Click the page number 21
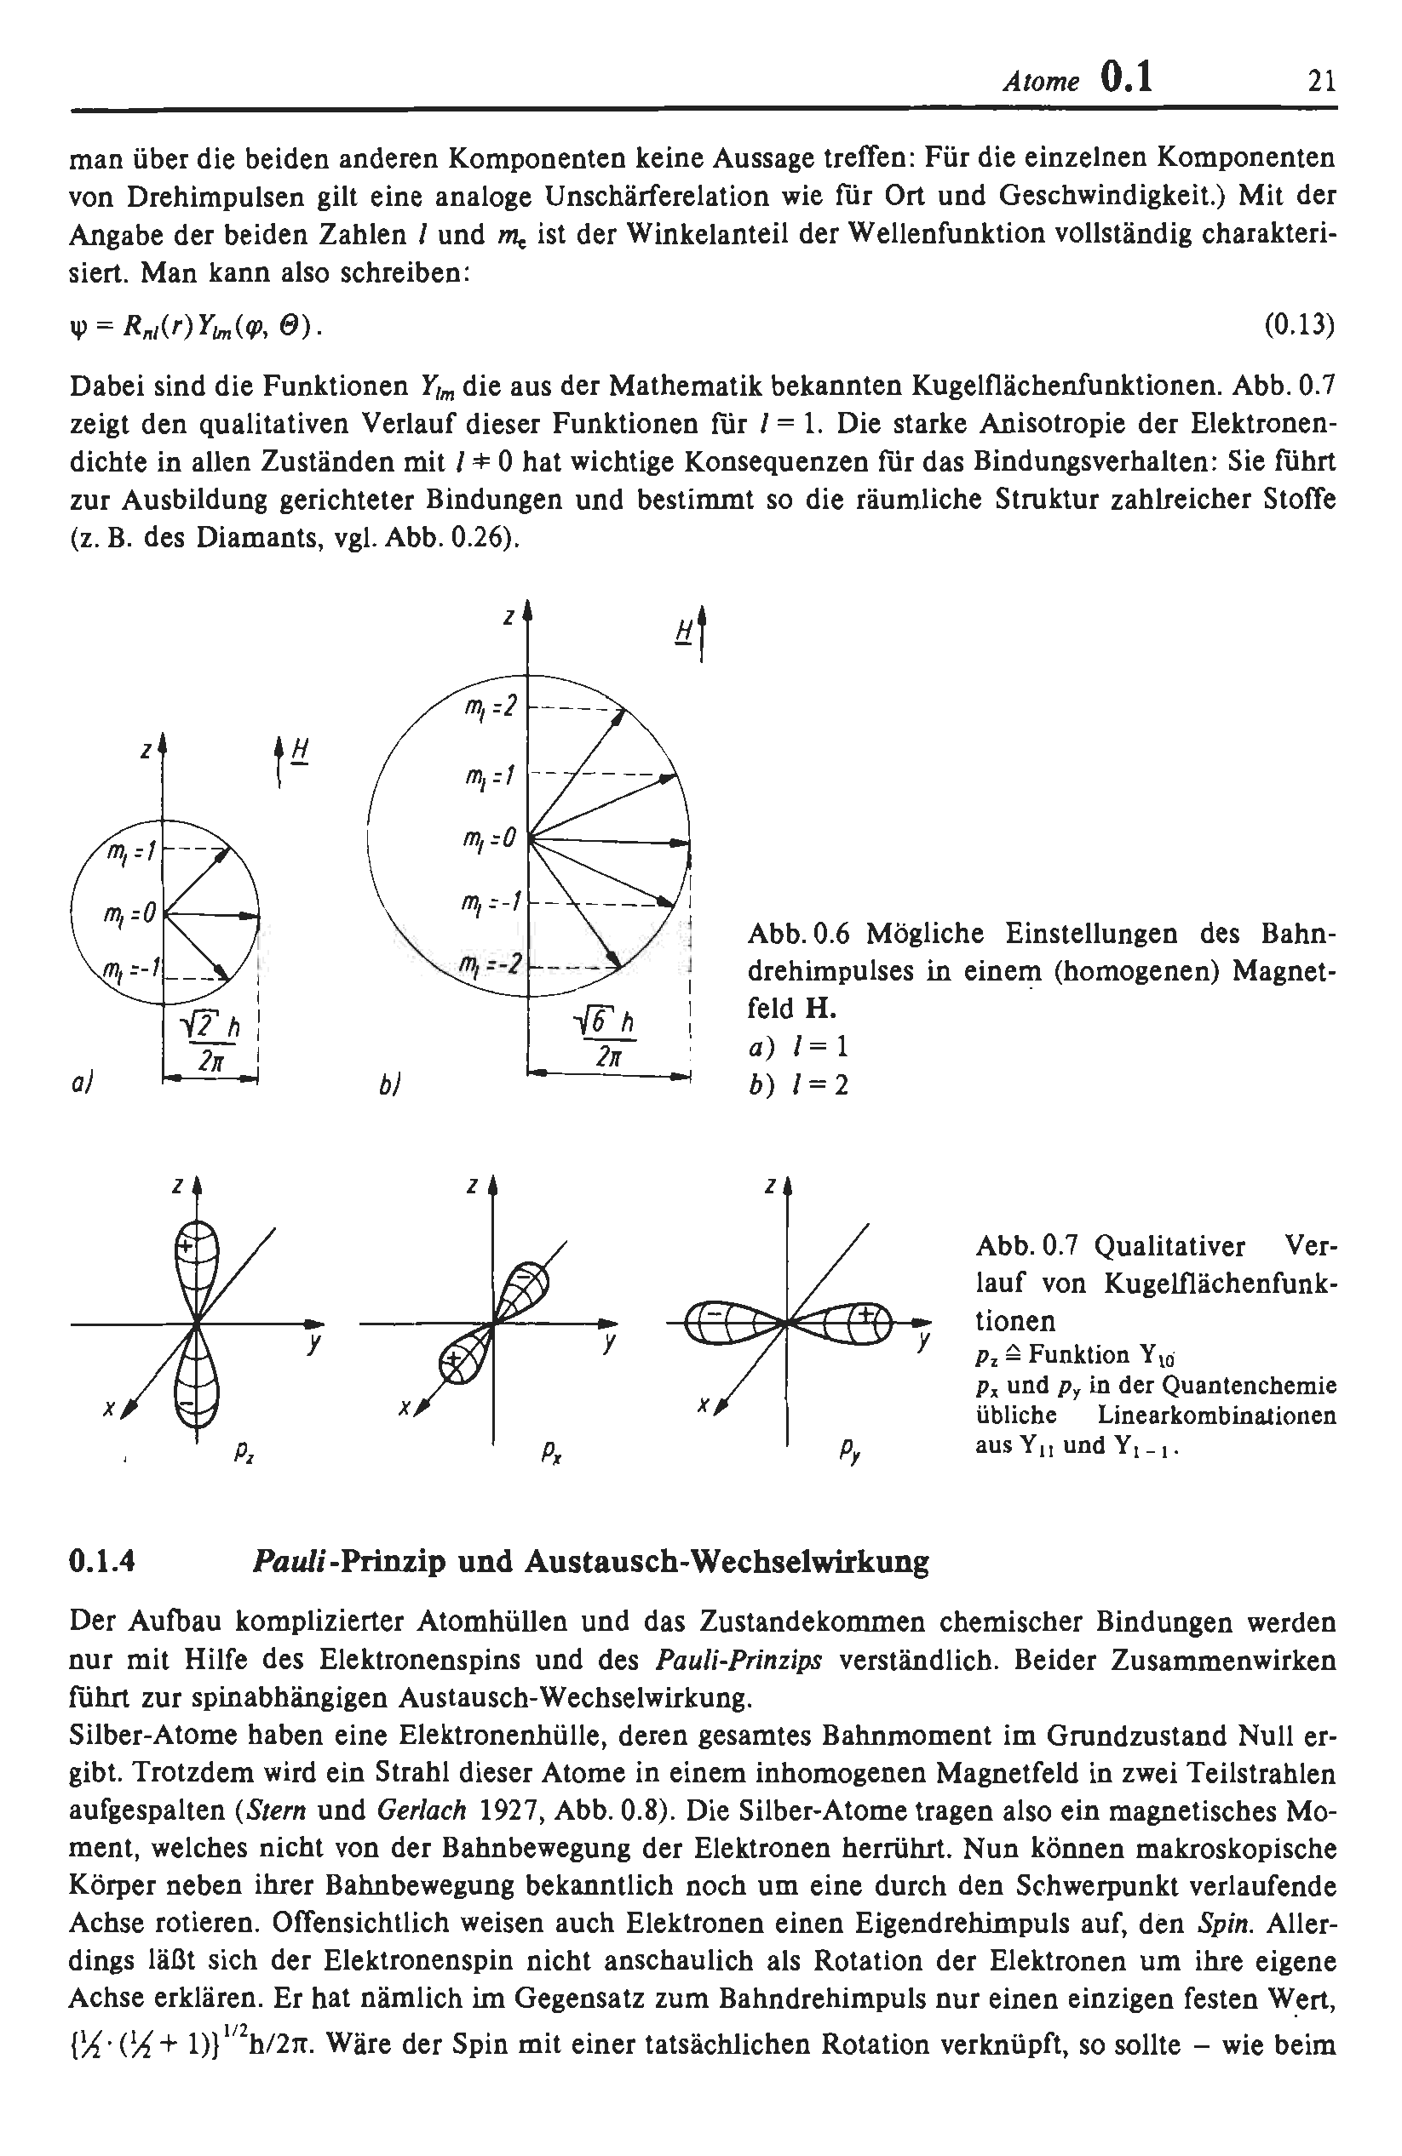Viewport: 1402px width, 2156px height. click(x=1320, y=83)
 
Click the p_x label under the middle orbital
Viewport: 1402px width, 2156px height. click(x=549, y=1454)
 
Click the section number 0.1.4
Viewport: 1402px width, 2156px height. click(x=102, y=1562)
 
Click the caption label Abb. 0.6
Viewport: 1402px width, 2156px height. click(x=798, y=933)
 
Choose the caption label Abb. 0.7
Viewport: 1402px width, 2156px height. click(x=1026, y=1248)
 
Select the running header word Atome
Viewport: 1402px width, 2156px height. click(x=1040, y=83)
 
